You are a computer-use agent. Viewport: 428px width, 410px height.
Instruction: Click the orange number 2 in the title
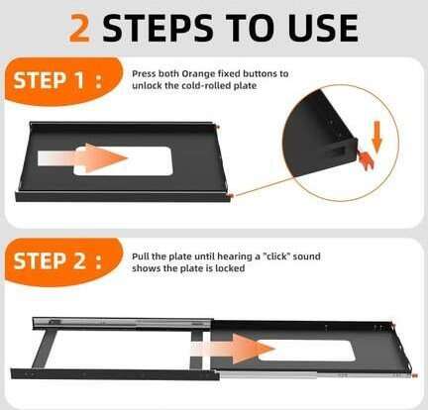tap(79, 29)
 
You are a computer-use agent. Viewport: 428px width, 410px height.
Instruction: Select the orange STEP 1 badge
tap(62, 81)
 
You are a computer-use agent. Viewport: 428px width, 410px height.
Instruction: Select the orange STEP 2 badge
tap(62, 261)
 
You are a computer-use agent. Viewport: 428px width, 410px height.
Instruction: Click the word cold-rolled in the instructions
tap(207, 86)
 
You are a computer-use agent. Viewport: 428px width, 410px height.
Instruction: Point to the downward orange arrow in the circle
tap(376, 137)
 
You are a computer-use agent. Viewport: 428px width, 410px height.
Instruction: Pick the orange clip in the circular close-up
tap(366, 160)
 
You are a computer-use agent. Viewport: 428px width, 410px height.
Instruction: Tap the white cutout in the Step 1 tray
tap(123, 161)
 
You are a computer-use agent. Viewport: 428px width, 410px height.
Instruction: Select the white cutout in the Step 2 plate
tap(306, 351)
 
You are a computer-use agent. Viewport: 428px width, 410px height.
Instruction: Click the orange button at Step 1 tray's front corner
tap(232, 196)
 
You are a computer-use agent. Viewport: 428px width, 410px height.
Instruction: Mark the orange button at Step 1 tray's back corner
tap(218, 126)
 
